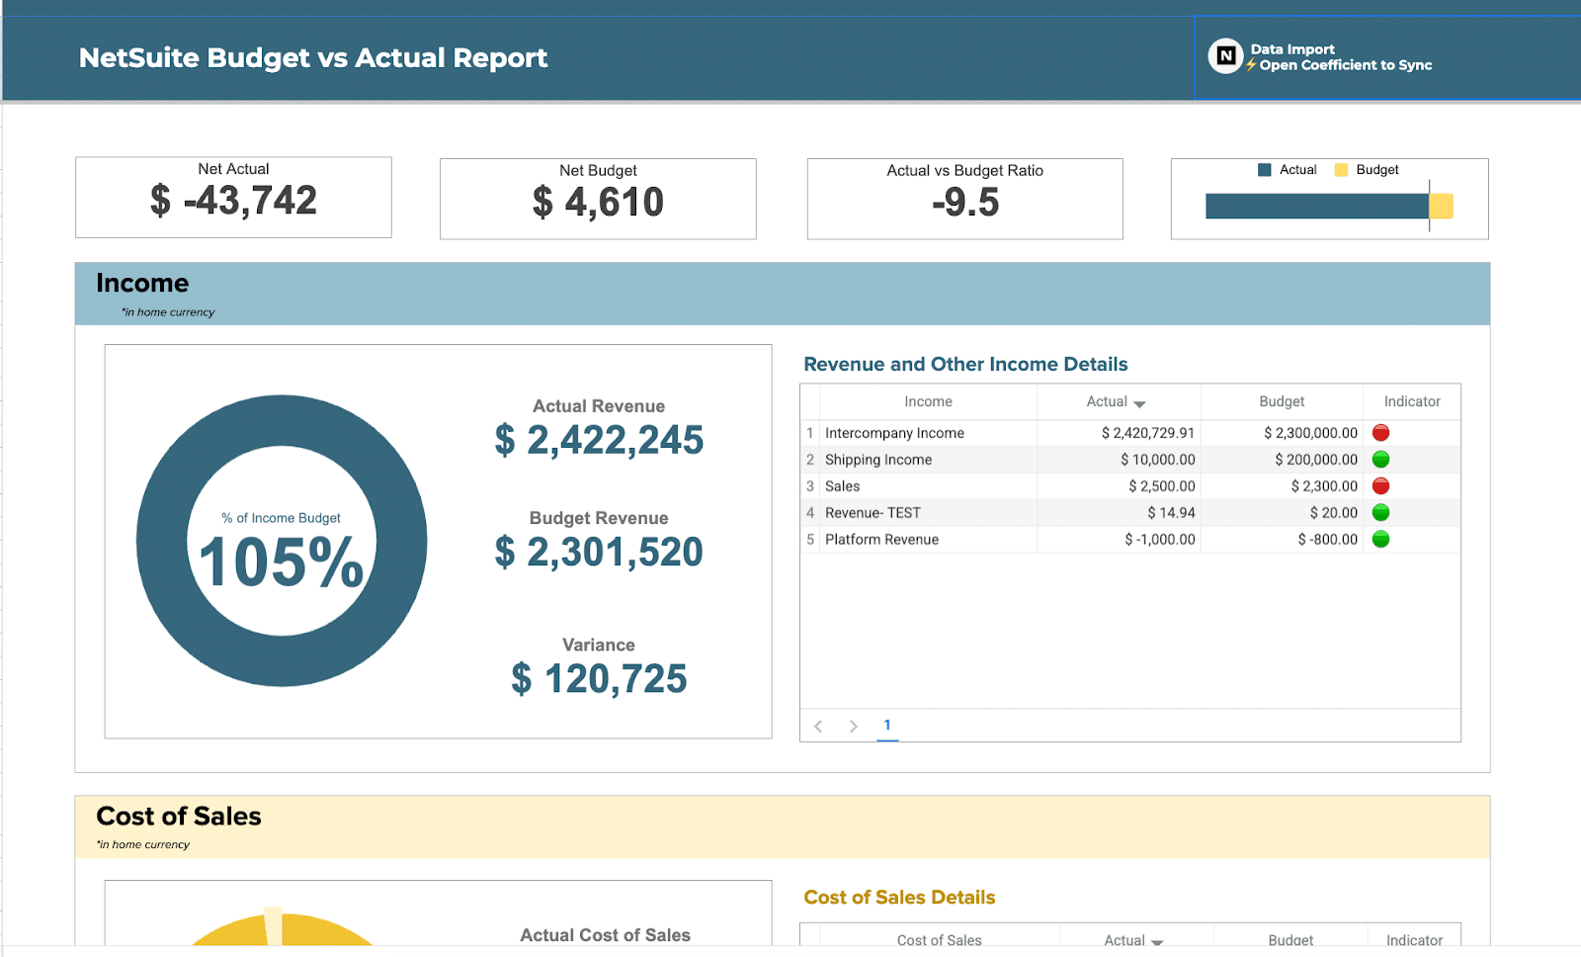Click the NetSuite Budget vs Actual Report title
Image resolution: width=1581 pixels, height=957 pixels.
click(x=312, y=58)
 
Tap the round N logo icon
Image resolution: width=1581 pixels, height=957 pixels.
click(x=1225, y=56)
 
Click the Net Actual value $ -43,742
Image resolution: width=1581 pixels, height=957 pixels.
click(x=234, y=201)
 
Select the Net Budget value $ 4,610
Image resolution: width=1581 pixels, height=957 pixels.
click(x=598, y=203)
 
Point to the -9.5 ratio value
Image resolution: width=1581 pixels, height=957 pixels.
click(x=965, y=203)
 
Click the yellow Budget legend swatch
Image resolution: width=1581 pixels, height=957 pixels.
click(x=1341, y=170)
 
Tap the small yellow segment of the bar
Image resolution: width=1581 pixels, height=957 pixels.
click(x=1442, y=206)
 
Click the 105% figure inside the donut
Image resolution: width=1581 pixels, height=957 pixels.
click(x=282, y=563)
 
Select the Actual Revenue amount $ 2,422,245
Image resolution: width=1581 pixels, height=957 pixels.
click(x=599, y=440)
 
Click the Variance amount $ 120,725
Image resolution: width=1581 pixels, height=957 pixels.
click(x=599, y=679)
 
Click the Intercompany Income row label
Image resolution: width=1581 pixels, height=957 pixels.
click(x=894, y=433)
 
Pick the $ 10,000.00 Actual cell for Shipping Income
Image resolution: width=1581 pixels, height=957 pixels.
click(x=1157, y=460)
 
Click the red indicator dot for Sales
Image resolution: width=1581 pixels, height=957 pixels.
click(x=1381, y=486)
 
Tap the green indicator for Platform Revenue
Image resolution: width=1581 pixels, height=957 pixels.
click(x=1381, y=540)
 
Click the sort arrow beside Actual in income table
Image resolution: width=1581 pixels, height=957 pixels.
click(x=1139, y=403)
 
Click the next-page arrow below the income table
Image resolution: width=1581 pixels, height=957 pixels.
click(x=853, y=727)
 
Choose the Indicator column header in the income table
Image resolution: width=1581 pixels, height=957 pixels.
click(x=1411, y=401)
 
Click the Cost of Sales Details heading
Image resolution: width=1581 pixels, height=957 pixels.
click(x=899, y=898)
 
